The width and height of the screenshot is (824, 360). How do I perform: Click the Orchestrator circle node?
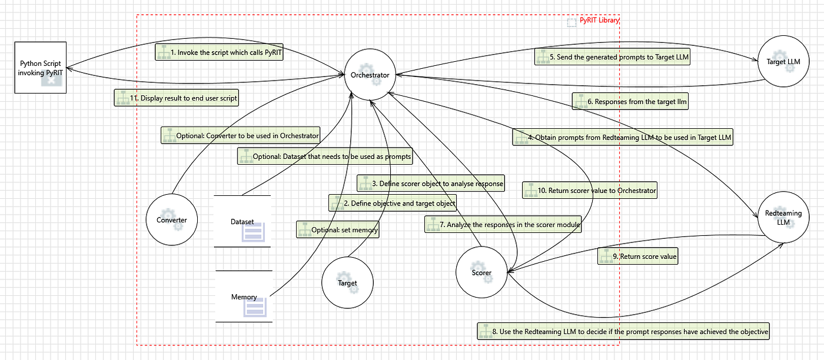pos(370,75)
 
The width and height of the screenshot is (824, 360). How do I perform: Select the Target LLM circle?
pos(783,61)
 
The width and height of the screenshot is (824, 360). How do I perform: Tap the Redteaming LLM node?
pos(783,217)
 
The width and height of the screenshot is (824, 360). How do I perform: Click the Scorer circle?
pos(481,272)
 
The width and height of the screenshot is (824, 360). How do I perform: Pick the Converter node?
pos(172,219)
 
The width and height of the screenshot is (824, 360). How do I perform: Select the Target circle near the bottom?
pos(347,282)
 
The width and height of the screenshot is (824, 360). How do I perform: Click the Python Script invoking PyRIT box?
pos(41,68)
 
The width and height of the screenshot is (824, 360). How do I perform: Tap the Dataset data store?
pos(242,221)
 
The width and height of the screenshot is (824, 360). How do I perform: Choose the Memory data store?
pos(244,296)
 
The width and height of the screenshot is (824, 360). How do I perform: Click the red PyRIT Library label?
pos(600,20)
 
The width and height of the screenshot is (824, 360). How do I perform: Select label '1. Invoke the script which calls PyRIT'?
pos(219,52)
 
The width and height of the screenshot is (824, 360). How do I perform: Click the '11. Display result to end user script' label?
pos(177,98)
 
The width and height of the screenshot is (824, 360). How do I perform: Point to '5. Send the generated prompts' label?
pos(613,56)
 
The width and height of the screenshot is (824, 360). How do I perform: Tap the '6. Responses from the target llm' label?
pos(630,101)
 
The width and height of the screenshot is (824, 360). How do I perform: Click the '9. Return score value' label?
pos(638,256)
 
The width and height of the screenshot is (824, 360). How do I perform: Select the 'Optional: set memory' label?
pos(338,229)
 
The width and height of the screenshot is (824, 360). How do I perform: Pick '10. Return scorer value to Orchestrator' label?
pos(590,190)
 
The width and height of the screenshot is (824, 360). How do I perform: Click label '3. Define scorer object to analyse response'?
pos(431,183)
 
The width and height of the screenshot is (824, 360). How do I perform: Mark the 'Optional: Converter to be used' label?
pos(241,135)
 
